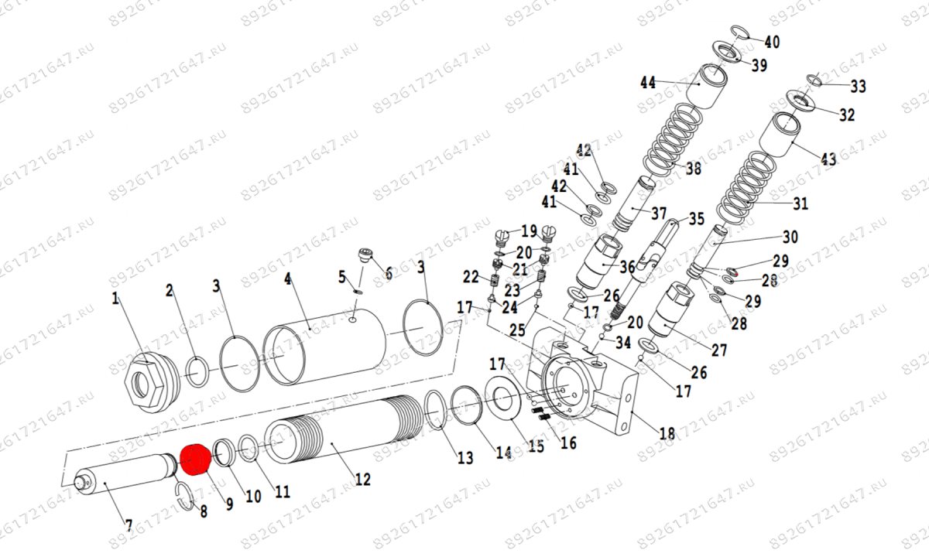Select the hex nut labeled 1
point(148,381)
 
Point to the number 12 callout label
point(362,480)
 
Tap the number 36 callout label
point(627,267)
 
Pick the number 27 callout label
point(719,350)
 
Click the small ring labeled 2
point(197,371)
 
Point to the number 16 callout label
point(568,443)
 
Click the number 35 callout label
point(696,219)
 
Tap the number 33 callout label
point(858,86)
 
